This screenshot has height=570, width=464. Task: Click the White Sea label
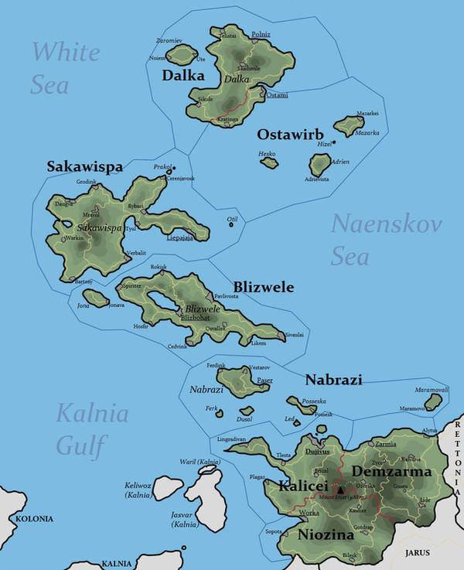66,67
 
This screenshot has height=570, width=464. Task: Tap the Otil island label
231,219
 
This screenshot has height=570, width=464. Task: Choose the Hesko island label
268,154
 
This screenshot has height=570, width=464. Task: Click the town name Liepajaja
182,238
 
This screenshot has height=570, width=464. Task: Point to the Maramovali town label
432,389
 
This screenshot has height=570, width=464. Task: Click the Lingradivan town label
231,439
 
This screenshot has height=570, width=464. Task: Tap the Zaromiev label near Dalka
169,39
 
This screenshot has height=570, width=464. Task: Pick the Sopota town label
274,532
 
